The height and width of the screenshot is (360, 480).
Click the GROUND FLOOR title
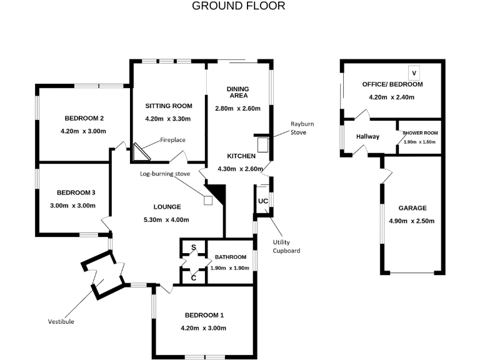238,6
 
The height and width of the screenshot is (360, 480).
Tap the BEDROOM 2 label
84,119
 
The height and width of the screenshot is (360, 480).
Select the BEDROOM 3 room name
76,192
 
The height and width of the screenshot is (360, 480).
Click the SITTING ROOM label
168,106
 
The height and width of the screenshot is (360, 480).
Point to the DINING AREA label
237,92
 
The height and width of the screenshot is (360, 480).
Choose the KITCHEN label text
241,156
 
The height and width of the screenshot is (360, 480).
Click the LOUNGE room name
167,207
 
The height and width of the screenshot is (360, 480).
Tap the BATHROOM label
231,257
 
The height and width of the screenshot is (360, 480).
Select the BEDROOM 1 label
204,315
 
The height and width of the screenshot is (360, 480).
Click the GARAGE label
412,208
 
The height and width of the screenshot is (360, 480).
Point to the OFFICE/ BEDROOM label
392,84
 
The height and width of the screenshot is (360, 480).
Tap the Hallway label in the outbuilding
367,137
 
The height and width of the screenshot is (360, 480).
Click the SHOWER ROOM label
420,133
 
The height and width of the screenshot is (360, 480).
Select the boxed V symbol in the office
413,72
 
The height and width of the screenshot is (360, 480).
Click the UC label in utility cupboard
262,201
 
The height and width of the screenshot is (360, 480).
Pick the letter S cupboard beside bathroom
193,248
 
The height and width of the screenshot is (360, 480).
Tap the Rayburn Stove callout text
302,128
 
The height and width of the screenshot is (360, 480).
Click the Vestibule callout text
61,321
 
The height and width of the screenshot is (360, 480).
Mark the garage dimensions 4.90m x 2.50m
412,221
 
